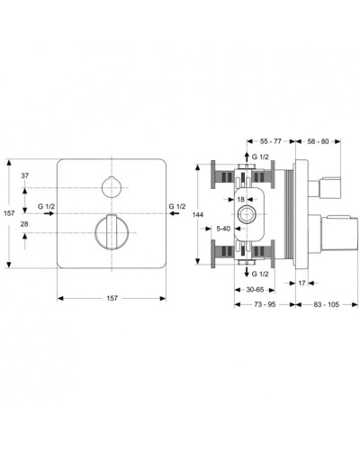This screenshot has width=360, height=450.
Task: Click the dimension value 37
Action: (x=26, y=176)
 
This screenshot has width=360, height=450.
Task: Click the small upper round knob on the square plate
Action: (x=112, y=187)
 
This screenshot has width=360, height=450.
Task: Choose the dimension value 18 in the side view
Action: (x=242, y=199)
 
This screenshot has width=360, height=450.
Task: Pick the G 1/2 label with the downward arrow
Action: (x=262, y=272)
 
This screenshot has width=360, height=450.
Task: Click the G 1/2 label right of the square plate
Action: (x=177, y=207)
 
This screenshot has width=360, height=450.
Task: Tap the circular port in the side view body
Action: (x=247, y=214)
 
